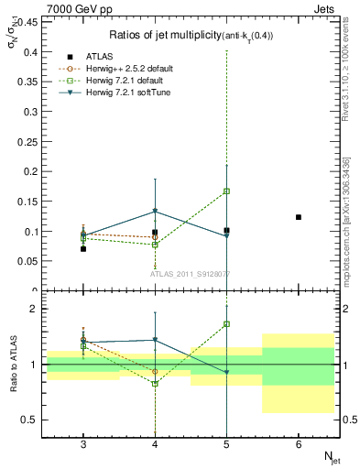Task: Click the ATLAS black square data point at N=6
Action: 299,217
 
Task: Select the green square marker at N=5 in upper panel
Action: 226,191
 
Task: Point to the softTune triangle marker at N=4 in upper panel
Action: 155,212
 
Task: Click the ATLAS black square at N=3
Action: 83,248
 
